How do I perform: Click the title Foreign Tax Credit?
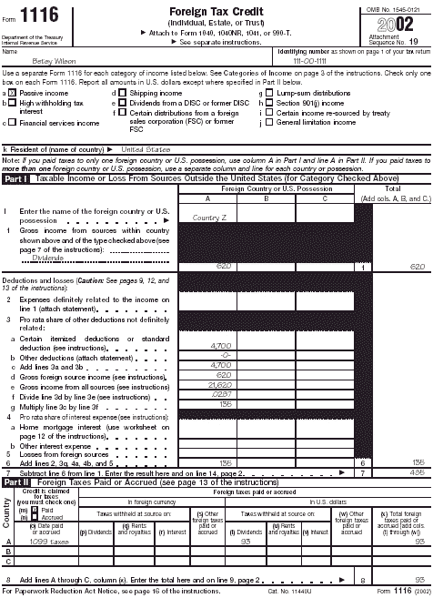(x=216, y=9)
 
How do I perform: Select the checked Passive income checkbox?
(x=13, y=93)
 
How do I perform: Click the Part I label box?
(x=15, y=179)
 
